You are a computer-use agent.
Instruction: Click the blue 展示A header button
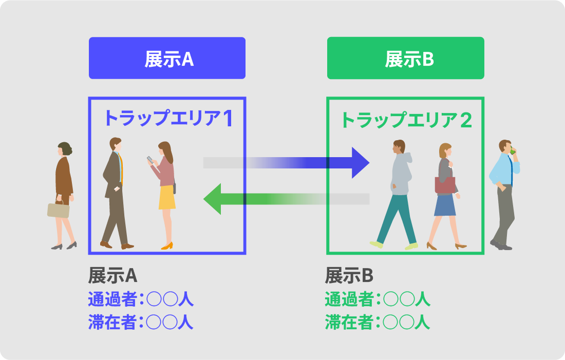coord(167,58)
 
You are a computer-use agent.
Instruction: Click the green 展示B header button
coord(405,58)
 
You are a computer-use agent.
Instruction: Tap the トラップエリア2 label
coord(406,120)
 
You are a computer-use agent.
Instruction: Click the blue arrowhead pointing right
coord(360,163)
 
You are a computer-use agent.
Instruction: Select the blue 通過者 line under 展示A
coord(140,299)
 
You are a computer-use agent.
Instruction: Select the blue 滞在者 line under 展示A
coord(140,322)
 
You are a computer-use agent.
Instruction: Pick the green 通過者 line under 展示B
coord(377,299)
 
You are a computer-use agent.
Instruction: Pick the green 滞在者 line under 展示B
coord(377,322)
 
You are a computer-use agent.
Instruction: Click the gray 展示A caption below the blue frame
coord(112,276)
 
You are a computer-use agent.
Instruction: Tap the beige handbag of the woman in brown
coord(58,210)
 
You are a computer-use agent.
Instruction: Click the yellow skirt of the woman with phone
coord(167,197)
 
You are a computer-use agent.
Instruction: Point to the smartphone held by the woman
coord(150,159)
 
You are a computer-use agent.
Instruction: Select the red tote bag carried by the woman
coord(445,184)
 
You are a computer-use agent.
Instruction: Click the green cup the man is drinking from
coord(512,151)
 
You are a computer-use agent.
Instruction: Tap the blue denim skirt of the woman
coord(445,205)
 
